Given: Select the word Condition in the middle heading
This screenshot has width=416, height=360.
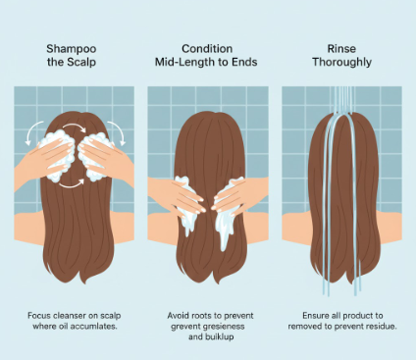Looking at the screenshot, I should click(x=206, y=48).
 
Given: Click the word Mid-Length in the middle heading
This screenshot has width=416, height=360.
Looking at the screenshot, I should click(x=185, y=62).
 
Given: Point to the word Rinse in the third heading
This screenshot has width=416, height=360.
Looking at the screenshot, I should click(x=340, y=48).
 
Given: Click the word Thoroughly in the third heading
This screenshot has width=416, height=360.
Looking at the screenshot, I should click(x=340, y=62).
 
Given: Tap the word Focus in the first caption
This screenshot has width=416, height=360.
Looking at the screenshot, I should click(x=39, y=317).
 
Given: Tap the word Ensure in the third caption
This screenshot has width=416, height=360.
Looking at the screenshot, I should click(x=306, y=317).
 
